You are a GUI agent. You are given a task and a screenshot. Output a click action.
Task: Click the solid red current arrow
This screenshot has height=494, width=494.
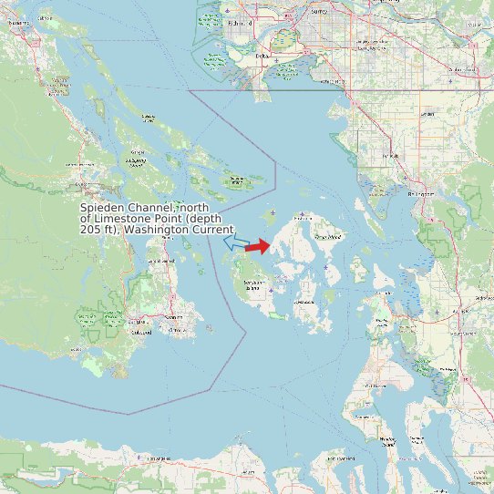(258, 246)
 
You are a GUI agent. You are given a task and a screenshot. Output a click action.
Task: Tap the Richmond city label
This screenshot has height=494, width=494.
(240, 21)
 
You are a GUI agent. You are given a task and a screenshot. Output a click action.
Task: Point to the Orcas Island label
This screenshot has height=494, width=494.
(327, 237)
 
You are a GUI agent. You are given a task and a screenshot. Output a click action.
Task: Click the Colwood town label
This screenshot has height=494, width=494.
(116, 333)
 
